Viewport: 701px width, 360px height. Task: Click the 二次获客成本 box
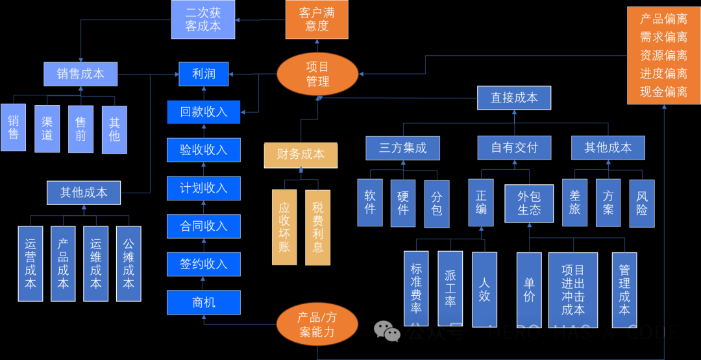click(x=203, y=19)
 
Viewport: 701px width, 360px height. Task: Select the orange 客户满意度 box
click(x=317, y=19)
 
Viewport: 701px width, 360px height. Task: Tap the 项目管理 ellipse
click(x=317, y=74)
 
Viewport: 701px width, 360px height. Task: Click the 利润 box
click(x=203, y=74)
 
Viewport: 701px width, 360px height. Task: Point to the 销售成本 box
click(x=80, y=74)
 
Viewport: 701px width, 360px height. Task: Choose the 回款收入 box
click(x=203, y=112)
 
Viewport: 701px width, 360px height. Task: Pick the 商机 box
click(x=203, y=302)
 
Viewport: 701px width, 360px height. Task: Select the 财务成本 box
click(x=301, y=154)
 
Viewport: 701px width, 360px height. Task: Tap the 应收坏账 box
click(x=284, y=227)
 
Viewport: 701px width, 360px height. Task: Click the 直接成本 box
click(x=514, y=98)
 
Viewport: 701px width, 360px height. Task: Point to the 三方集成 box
click(x=402, y=148)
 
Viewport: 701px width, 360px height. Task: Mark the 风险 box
click(x=642, y=202)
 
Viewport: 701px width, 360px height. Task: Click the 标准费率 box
click(x=416, y=288)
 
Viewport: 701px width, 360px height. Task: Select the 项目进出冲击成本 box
click(x=572, y=289)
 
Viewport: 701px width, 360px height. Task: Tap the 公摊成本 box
click(x=129, y=263)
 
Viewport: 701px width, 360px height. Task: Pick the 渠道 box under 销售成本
click(x=47, y=128)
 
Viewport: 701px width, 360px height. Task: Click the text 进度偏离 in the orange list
click(x=663, y=74)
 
